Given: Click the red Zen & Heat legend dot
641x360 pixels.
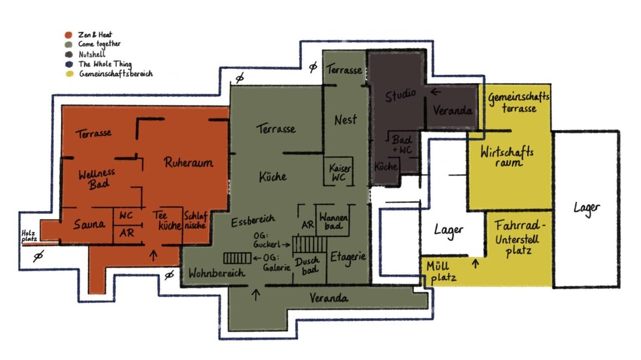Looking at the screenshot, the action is (x=68, y=35).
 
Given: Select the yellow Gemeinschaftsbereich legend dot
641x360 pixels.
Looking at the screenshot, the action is (x=69, y=74).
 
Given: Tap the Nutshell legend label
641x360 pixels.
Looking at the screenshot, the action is (x=92, y=54).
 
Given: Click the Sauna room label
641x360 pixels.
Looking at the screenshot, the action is (x=89, y=224).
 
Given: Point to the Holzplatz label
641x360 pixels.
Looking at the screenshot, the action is (x=29, y=236).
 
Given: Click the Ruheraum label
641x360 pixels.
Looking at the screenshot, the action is (x=189, y=162).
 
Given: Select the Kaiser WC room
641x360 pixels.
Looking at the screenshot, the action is (x=339, y=172).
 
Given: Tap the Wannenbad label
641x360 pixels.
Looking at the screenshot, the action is (x=334, y=220).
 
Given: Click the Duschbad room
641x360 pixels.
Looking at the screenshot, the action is (x=310, y=265).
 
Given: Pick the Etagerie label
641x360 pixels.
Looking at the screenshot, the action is (x=348, y=258).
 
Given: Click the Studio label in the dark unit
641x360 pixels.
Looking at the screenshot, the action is (x=400, y=95).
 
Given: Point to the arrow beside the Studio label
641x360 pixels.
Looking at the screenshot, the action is (x=435, y=92).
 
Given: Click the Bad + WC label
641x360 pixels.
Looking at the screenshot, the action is (x=402, y=144).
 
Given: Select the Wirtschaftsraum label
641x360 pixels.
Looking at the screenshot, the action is (x=507, y=156).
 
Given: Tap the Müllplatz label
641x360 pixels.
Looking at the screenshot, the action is (x=440, y=272).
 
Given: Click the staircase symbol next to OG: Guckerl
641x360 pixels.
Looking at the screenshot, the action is (x=310, y=244).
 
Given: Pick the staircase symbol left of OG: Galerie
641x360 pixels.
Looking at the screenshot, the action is (x=237, y=258).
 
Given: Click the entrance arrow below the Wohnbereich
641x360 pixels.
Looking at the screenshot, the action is (x=256, y=295).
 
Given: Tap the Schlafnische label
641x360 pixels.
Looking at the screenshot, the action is (x=195, y=220).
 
